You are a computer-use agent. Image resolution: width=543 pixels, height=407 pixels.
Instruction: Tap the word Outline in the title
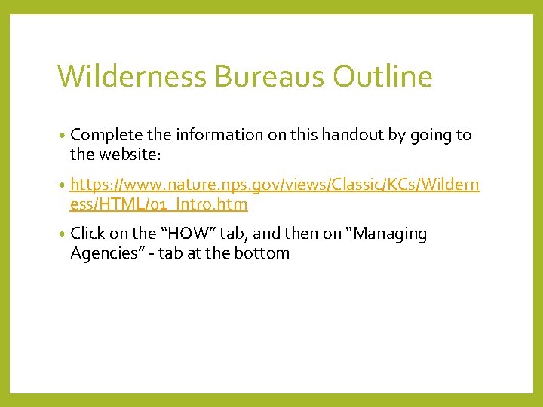pos(384,77)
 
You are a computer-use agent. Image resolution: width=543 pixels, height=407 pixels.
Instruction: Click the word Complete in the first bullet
pos(106,136)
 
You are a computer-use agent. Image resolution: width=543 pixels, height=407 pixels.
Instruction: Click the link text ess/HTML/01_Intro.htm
pos(158,204)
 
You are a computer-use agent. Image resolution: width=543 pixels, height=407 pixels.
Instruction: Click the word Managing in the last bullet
pos(390,234)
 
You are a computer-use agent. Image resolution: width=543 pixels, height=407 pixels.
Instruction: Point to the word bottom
pos(264,253)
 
